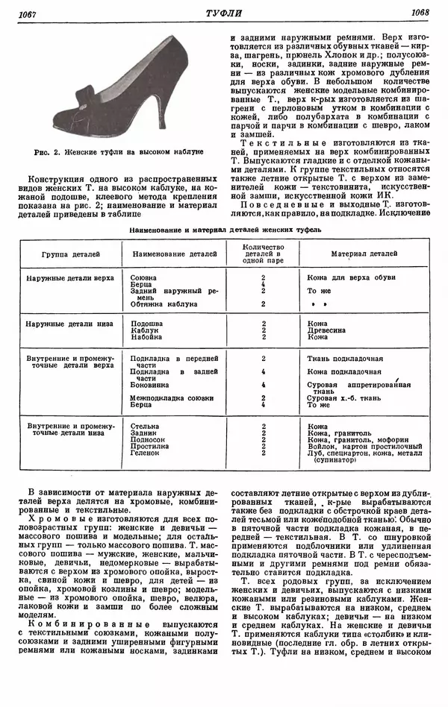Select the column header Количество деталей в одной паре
coord(263,254)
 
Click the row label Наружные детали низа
coord(69,324)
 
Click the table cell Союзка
coord(144,277)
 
